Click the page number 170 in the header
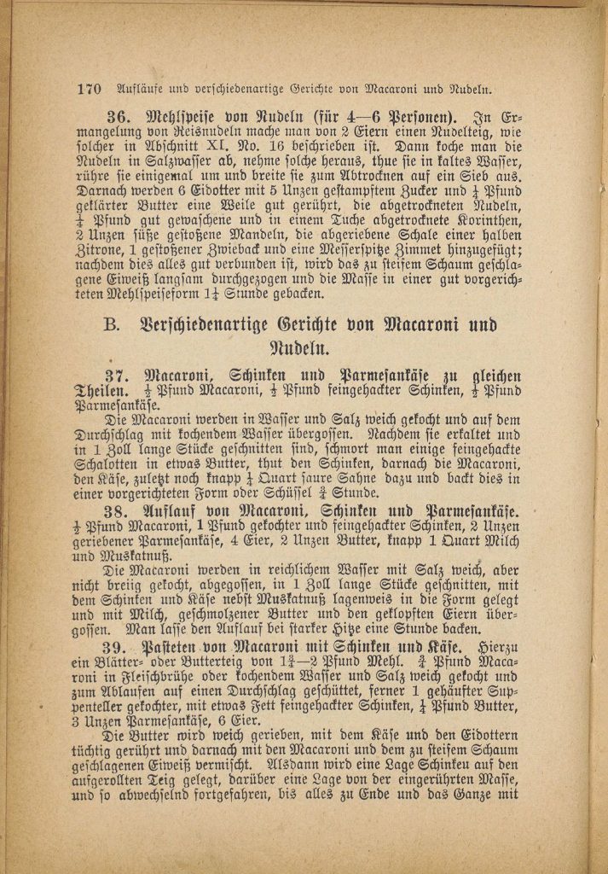pyautogui.click(x=89, y=88)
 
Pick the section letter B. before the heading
pyautogui.click(x=112, y=325)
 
